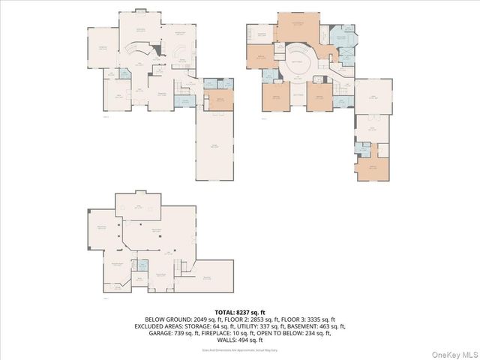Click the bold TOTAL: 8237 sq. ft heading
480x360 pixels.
(x=240, y=312)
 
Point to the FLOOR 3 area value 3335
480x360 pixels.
(x=320, y=319)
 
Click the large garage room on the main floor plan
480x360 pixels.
(x=215, y=146)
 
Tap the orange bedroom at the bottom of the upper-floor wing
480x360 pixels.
(x=373, y=169)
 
